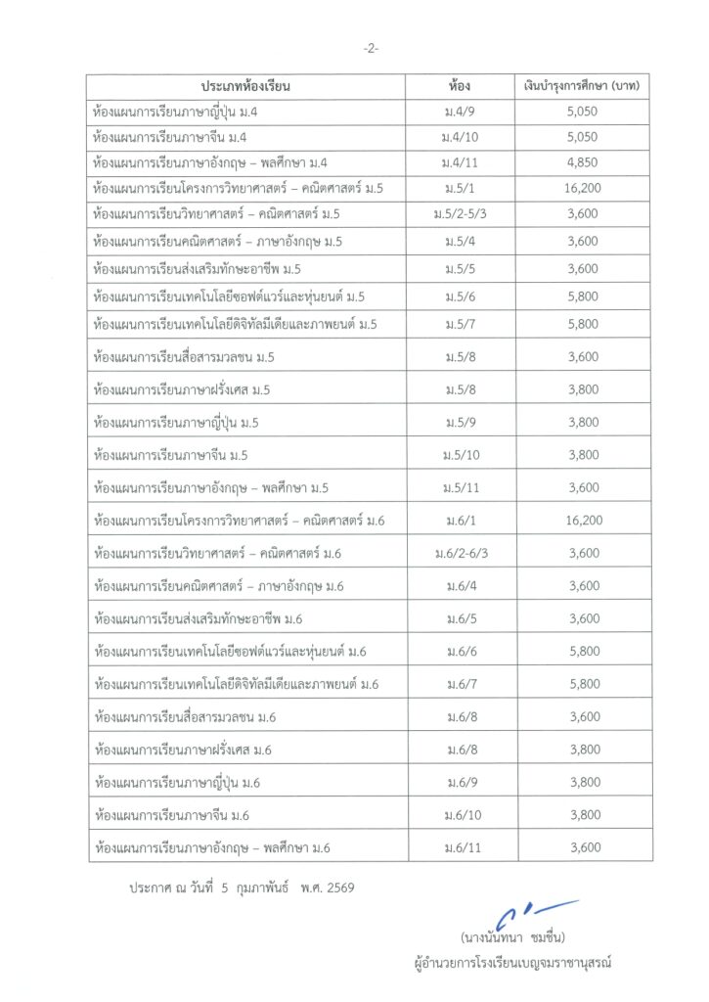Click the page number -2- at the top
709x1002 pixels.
click(x=371, y=48)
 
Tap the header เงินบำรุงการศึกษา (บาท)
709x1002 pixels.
click(x=582, y=87)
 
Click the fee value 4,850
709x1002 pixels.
click(x=582, y=161)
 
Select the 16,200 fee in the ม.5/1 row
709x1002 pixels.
click(x=583, y=188)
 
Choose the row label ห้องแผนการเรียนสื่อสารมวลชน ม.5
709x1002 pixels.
click(x=183, y=357)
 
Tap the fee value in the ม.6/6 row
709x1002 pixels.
click(x=583, y=652)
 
